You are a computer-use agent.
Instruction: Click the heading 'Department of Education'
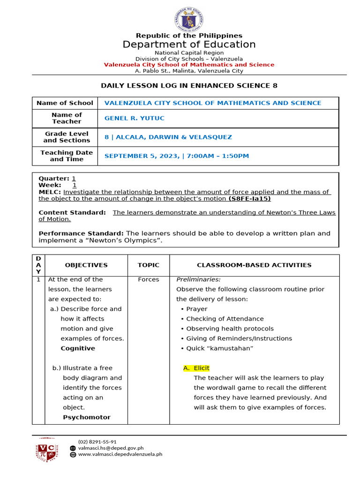click(x=189, y=45)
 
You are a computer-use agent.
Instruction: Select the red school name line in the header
click(x=189, y=65)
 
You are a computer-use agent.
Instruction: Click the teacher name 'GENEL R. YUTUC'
click(x=135, y=118)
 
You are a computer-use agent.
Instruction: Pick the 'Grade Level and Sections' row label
click(x=67, y=137)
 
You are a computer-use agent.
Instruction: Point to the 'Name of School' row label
click(x=65, y=103)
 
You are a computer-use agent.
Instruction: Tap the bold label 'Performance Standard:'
click(x=81, y=233)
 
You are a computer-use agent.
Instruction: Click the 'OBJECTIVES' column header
click(x=86, y=265)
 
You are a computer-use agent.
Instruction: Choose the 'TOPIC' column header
click(x=148, y=265)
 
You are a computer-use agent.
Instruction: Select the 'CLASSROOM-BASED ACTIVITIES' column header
click(x=254, y=265)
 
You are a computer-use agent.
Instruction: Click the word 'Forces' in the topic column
click(x=149, y=279)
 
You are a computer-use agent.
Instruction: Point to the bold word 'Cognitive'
click(x=78, y=348)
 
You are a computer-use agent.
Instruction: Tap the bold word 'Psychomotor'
click(x=87, y=417)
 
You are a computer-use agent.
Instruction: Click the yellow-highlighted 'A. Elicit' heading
click(x=197, y=368)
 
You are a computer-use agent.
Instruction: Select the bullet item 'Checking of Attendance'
click(x=225, y=319)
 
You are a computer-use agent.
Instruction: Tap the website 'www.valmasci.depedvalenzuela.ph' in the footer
click(x=120, y=454)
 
